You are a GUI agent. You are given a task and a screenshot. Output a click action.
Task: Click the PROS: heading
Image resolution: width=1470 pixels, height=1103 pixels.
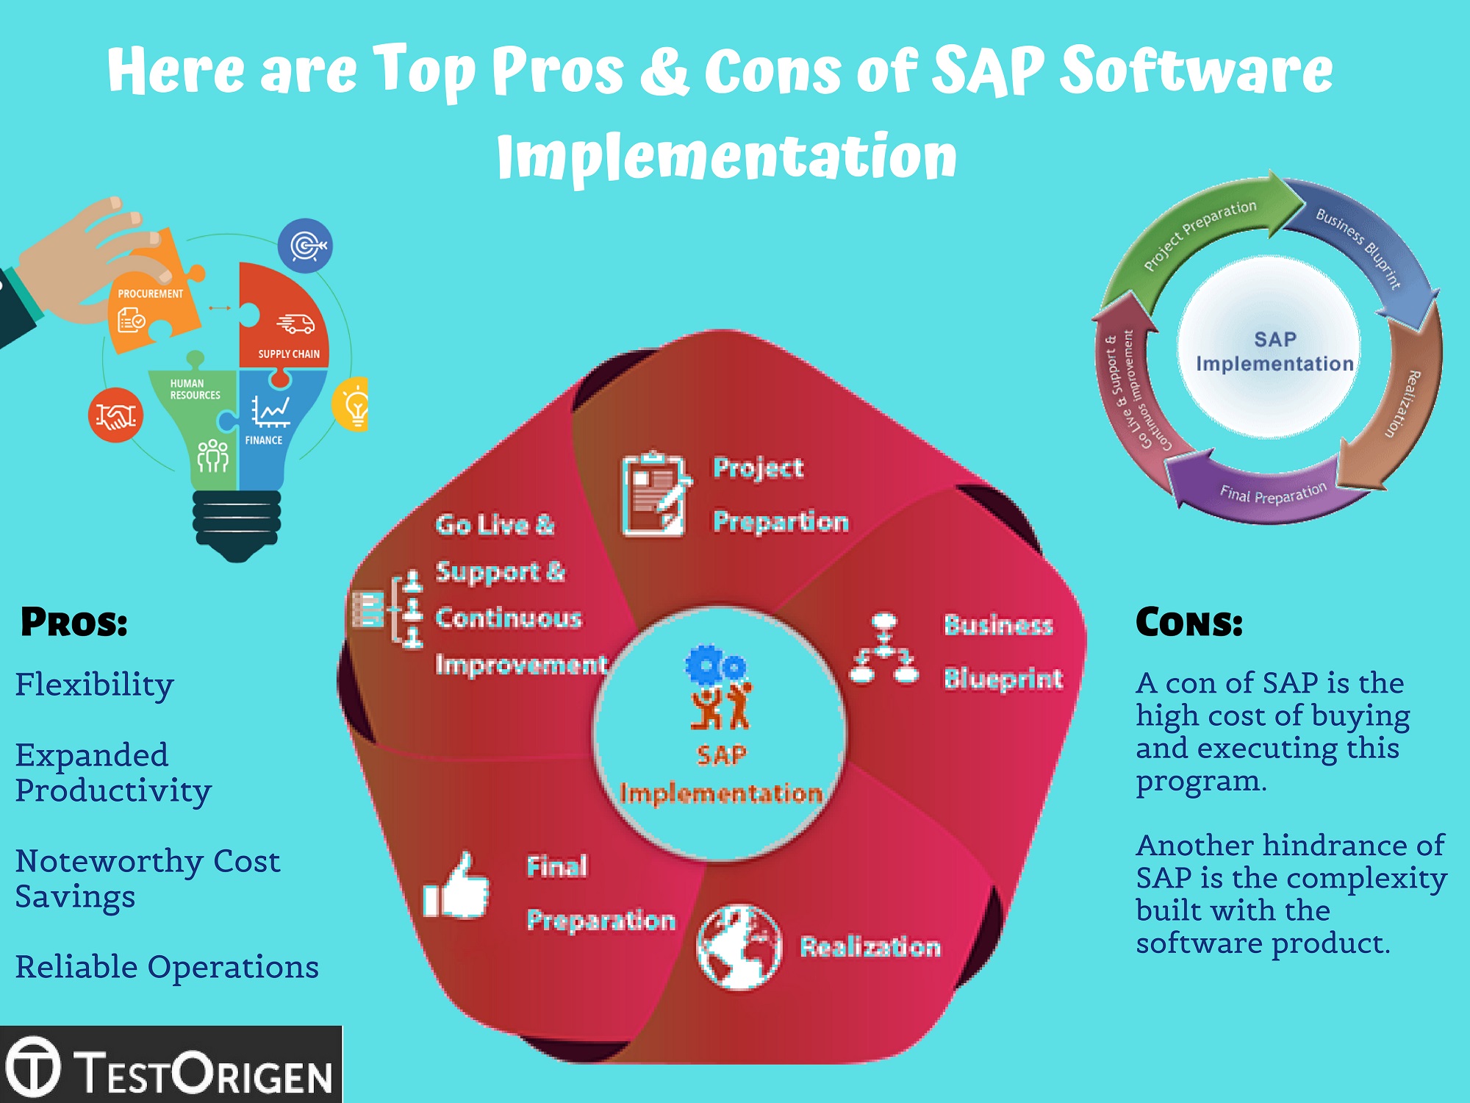(74, 622)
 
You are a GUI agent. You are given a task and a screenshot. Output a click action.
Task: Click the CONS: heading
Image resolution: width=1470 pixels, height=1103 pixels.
(1188, 622)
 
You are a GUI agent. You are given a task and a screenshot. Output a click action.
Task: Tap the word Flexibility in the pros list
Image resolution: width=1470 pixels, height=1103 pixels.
(94, 685)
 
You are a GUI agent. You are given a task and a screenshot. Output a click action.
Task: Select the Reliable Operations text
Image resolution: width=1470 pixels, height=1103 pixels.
(167, 967)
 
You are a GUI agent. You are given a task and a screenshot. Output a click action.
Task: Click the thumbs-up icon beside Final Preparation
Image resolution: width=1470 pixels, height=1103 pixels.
(457, 888)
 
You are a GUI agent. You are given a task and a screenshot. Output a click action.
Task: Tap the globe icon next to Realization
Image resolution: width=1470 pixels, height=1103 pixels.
(739, 947)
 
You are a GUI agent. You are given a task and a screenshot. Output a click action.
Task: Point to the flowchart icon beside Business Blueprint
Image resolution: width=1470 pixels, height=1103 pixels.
(884, 649)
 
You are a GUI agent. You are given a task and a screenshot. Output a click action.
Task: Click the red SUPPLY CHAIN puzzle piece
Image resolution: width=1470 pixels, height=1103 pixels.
(287, 324)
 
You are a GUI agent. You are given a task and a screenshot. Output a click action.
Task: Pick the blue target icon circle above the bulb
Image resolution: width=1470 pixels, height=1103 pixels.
(305, 246)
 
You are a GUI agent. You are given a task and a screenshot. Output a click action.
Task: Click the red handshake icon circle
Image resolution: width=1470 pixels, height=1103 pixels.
(115, 415)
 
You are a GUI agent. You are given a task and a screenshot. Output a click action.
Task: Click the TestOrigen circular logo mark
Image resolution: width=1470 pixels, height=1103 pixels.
(32, 1065)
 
